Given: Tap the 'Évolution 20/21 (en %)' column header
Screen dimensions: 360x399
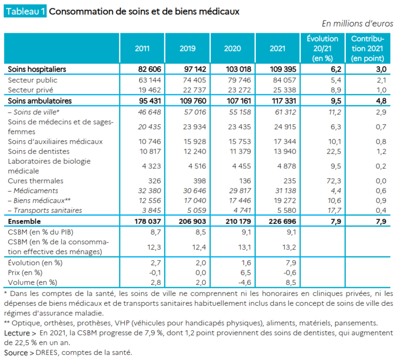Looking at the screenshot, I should click(322, 49).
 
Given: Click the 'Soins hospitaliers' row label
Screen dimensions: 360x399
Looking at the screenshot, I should click(37, 69).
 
